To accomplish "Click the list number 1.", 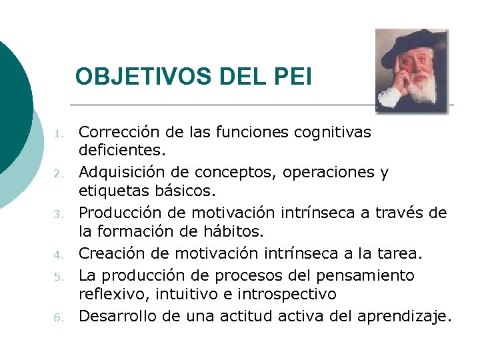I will click(x=59, y=133).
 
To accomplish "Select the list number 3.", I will click(x=59, y=215).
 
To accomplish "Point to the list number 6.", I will click(x=59, y=317).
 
